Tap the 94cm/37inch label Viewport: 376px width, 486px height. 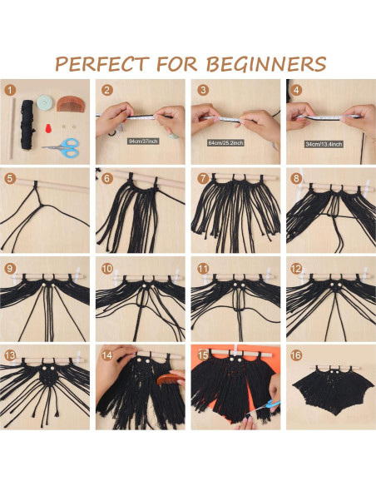[142, 141]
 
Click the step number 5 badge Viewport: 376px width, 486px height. [10, 177]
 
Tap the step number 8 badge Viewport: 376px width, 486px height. [295, 177]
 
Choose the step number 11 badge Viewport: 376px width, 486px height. [200, 268]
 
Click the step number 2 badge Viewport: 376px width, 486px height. [106, 90]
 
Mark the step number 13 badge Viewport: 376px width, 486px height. [10, 354]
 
